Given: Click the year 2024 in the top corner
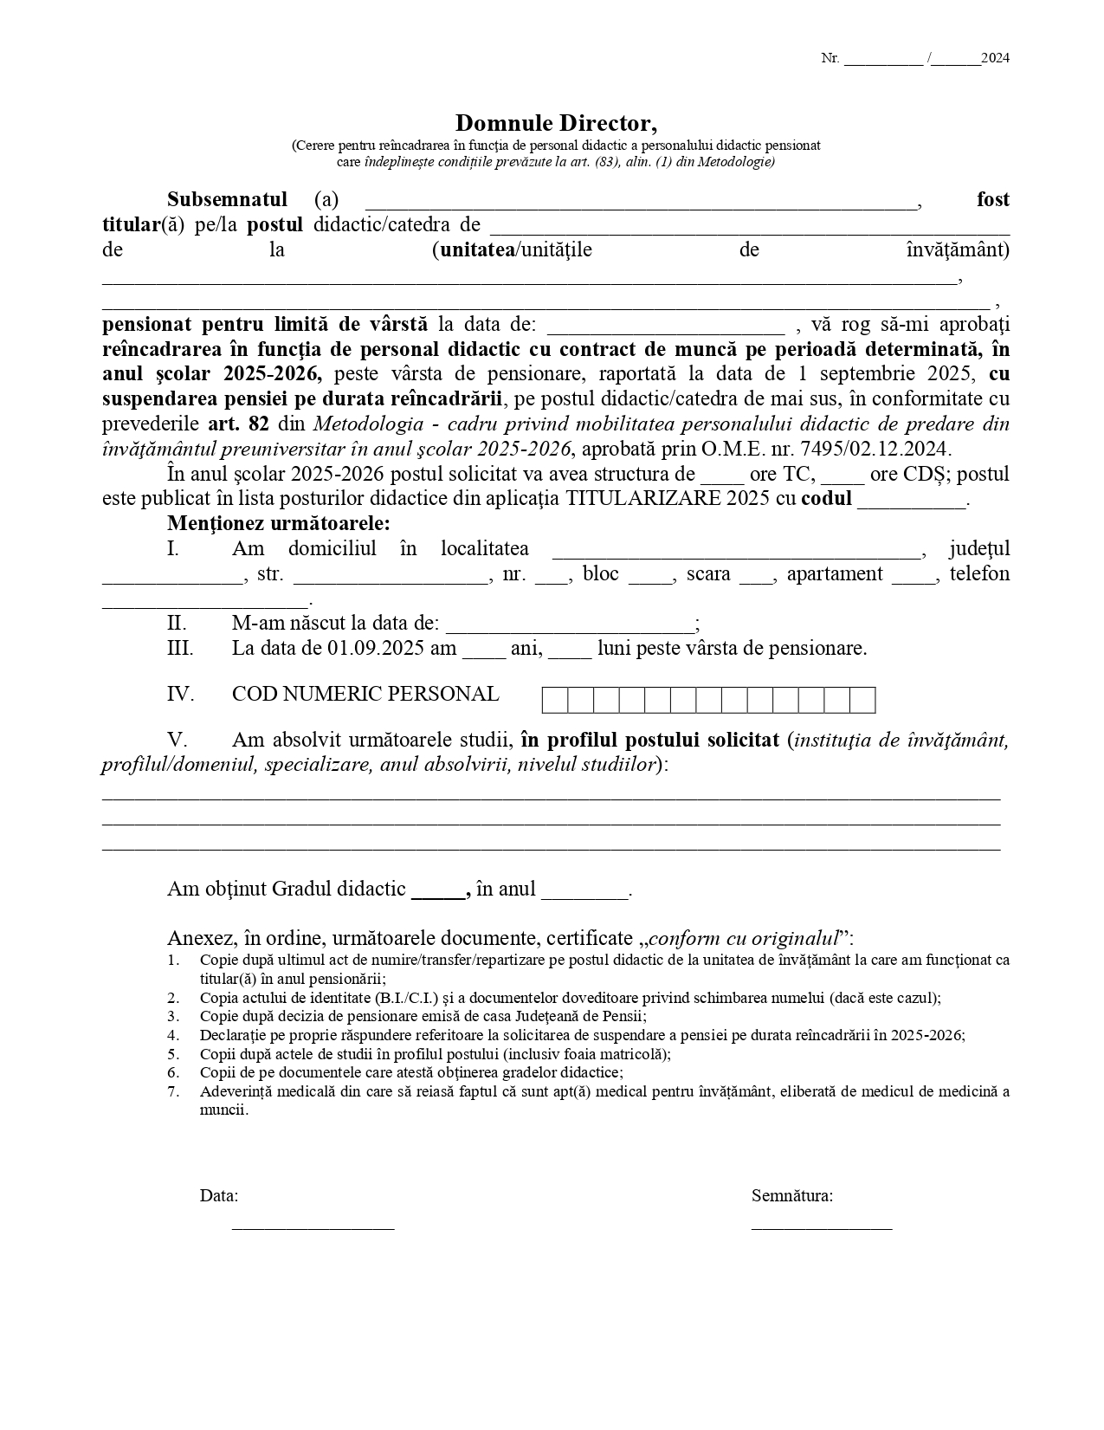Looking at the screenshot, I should tap(995, 58).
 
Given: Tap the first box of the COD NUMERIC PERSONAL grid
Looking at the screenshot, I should tap(555, 700).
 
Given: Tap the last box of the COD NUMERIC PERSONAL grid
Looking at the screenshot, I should tap(862, 700).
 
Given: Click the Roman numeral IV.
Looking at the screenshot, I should tap(180, 695).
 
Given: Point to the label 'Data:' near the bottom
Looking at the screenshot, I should tap(219, 1195).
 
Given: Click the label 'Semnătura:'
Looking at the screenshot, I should tap(792, 1195).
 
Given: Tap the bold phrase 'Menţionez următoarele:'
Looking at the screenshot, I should tap(279, 523).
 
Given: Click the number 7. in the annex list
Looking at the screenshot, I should tap(173, 1091).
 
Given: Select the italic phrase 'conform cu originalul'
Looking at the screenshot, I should tap(744, 938).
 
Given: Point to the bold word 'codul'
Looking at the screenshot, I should tap(826, 499).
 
